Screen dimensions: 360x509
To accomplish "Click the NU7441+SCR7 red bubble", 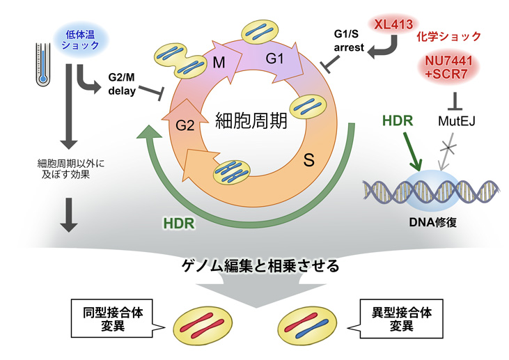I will point(448,68).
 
